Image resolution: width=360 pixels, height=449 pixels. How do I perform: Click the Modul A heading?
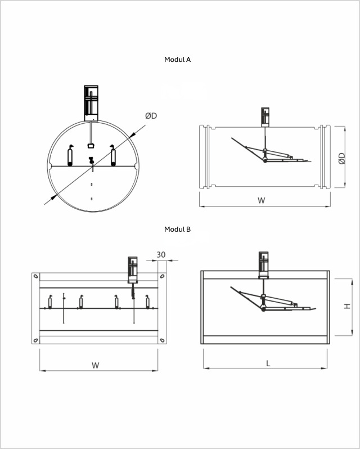point(177,60)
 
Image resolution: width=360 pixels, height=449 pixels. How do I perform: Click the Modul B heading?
point(177,230)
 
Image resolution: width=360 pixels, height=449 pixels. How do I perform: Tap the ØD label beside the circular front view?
point(151,116)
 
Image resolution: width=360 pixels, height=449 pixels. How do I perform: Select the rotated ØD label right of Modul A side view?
point(341,158)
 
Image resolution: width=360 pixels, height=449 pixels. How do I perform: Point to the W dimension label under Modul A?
point(261,200)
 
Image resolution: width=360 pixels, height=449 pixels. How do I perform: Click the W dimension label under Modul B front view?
point(96,365)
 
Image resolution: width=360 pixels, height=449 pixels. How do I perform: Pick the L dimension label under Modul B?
point(268,363)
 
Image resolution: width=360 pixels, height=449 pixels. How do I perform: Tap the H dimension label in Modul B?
point(347,306)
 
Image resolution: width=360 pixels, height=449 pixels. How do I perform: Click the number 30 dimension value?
point(161,254)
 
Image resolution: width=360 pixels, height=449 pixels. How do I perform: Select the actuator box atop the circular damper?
point(91,103)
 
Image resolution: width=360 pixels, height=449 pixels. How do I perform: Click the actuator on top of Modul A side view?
point(265,117)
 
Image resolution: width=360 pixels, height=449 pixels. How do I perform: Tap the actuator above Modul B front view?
point(133,270)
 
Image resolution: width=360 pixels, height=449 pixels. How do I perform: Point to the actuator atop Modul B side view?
point(264,265)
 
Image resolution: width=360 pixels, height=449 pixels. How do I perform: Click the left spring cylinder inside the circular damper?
point(70,156)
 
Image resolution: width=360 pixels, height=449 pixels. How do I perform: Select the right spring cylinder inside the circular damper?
point(113,155)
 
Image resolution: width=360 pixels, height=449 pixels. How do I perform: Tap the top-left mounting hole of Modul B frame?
point(36,276)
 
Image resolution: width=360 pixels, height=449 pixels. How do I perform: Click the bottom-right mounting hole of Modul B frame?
point(162,340)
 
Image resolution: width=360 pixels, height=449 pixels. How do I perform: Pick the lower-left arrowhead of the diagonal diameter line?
point(53,197)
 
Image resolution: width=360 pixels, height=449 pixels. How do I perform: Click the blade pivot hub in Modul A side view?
point(265,160)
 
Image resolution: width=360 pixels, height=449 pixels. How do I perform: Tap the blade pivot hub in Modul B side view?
point(264,309)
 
